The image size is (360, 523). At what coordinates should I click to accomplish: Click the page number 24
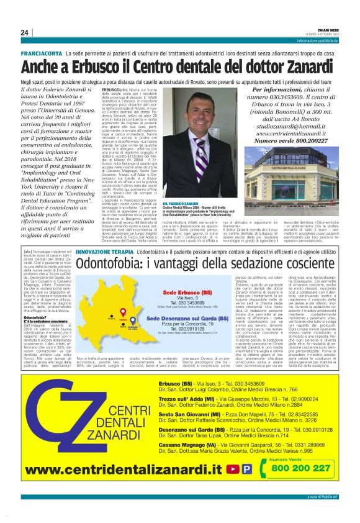coord(25,33)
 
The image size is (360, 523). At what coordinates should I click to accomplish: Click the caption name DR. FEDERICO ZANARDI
coord(181,204)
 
